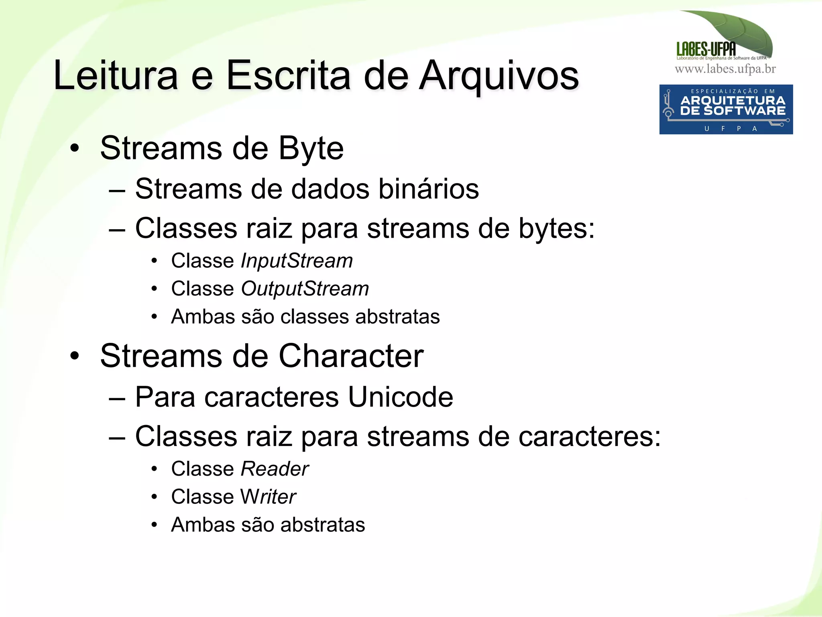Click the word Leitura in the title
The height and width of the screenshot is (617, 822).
click(116, 75)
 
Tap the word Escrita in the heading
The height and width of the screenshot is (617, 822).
click(288, 75)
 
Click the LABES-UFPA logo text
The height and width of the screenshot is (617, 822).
click(706, 49)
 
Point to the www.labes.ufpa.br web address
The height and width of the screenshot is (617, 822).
click(725, 69)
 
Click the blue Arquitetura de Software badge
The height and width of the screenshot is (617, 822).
click(726, 109)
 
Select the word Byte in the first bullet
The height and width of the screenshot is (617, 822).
click(311, 148)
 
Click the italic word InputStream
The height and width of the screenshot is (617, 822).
click(297, 261)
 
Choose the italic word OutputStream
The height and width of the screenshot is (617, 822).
click(305, 289)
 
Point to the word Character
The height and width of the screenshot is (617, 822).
click(351, 356)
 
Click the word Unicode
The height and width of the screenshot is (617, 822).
click(400, 397)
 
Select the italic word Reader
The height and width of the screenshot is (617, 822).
click(275, 469)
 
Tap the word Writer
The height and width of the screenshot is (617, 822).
click(268, 497)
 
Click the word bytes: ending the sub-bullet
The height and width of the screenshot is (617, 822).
click(556, 228)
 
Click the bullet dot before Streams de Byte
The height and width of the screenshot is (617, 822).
click(74, 148)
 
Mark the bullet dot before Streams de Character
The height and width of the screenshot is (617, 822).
click(74, 356)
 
